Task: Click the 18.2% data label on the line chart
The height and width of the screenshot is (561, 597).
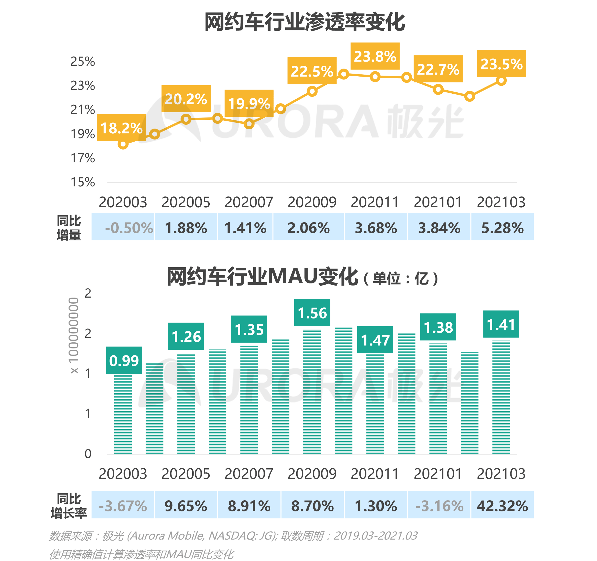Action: point(121,128)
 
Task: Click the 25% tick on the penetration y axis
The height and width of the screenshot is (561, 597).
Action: point(83,62)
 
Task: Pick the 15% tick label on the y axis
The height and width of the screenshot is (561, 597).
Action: point(83,182)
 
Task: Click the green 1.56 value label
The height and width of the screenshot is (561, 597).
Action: point(312,313)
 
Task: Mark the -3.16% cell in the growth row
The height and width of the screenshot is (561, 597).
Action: point(439,506)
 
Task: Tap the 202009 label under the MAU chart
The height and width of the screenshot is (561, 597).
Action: point(312,474)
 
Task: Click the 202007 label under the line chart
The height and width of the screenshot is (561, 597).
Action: point(249,202)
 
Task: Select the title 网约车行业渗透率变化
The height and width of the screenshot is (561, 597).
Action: point(304,22)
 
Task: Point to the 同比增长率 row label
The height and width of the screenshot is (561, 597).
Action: point(69,506)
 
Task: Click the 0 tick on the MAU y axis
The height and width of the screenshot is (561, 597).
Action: point(88,454)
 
